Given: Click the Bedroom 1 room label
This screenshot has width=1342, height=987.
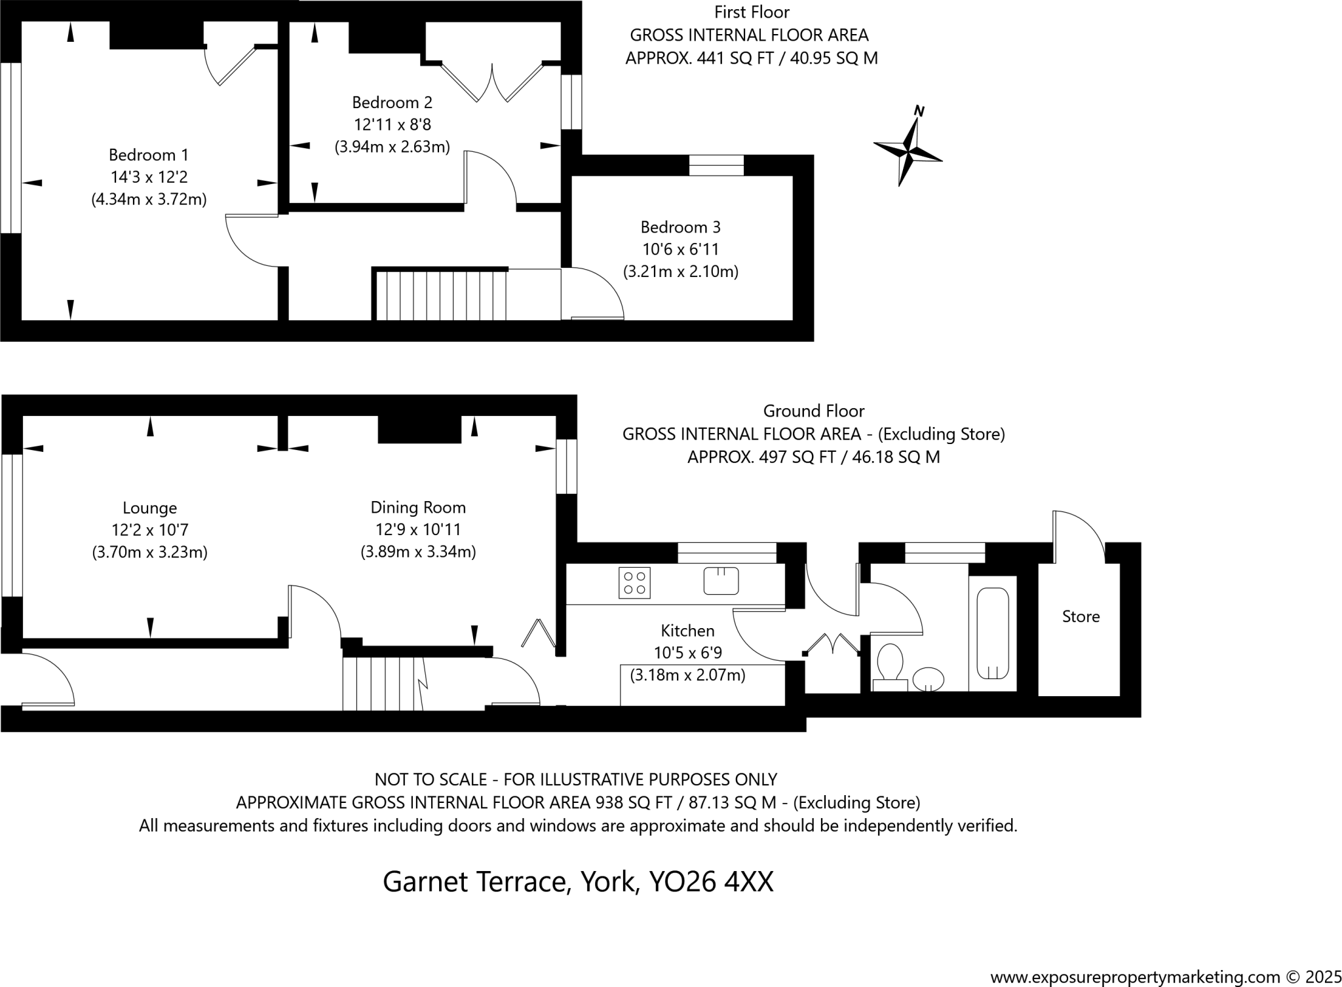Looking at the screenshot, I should pyautogui.click(x=149, y=155).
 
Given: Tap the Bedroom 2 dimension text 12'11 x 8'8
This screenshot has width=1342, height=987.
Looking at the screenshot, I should pyautogui.click(x=392, y=124).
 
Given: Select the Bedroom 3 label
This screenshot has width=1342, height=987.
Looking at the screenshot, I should pyautogui.click(x=680, y=227).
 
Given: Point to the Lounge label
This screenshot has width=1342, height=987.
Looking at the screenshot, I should pyautogui.click(x=149, y=508).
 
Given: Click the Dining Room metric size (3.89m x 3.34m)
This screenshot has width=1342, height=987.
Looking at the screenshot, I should pyautogui.click(x=418, y=551).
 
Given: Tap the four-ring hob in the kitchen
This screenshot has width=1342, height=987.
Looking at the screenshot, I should pyautogui.click(x=634, y=582).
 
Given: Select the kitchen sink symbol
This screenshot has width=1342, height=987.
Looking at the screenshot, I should pyautogui.click(x=721, y=580).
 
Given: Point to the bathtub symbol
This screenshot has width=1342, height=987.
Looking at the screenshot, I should pyautogui.click(x=993, y=633).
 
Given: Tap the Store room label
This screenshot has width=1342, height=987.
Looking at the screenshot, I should pyautogui.click(x=1081, y=616).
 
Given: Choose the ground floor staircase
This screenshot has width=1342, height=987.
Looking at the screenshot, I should pyautogui.click(x=383, y=684).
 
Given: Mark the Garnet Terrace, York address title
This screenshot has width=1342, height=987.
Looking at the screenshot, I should pyautogui.click(x=578, y=882).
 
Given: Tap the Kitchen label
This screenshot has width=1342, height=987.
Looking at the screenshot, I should pyautogui.click(x=687, y=631).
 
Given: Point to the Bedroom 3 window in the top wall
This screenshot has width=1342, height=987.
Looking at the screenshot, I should pyautogui.click(x=716, y=165).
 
